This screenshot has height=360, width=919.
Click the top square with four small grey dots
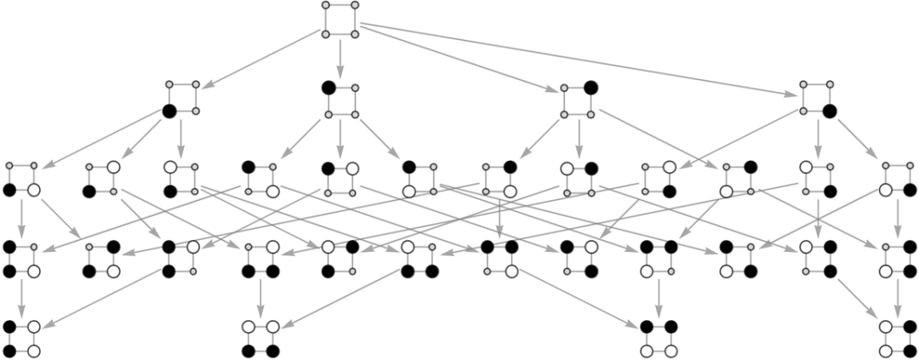340,20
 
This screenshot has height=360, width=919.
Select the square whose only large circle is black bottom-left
183,98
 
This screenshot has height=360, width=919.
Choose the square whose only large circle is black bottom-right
817,98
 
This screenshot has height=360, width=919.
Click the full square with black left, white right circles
21,338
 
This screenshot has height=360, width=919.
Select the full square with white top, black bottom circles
261,338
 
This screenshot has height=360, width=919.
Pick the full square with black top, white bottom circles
659,338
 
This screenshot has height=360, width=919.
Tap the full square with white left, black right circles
898,338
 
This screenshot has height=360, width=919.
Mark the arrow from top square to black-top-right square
459,59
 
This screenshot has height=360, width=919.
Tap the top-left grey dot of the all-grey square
326,5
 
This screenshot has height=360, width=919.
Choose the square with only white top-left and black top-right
579,180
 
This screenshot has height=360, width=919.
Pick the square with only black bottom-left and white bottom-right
21,178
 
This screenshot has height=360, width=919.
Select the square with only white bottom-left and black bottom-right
898,178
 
